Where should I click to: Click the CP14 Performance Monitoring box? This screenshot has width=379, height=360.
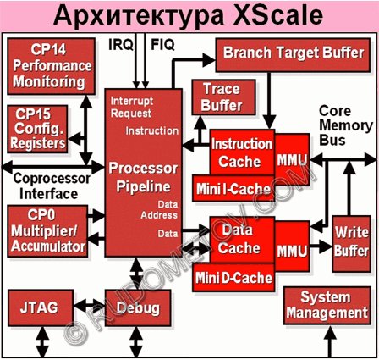coord(51,66)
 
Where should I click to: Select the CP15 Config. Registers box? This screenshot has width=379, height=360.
coord(37,129)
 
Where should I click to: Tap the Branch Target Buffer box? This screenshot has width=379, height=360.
coord(293,55)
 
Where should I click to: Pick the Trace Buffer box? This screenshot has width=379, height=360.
coord(223,97)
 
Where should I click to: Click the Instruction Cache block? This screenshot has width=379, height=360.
coord(242,152)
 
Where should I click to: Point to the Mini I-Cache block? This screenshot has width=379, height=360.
coord(233,188)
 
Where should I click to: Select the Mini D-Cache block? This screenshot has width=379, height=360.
coord(233,278)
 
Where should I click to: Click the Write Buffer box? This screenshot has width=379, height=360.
coord(351,244)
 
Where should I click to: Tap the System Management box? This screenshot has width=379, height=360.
coord(327,306)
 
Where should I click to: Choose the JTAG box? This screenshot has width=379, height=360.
coord(41,307)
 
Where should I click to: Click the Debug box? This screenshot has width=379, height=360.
coord(138,307)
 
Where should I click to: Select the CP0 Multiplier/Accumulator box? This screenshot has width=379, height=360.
coord(47,231)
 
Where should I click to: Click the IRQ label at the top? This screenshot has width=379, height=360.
coord(121,45)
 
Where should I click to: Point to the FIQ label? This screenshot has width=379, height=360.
coord(162,45)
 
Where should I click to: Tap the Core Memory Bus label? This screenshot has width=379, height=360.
coord(346,125)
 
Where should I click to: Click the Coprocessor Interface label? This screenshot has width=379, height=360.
coord(52,186)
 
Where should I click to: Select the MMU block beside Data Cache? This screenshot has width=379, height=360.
coord(292,246)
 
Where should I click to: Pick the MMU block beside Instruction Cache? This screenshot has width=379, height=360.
coord(292,159)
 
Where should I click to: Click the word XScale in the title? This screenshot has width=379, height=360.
coord(278,15)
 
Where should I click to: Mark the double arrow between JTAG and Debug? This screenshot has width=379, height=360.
coord(90,306)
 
